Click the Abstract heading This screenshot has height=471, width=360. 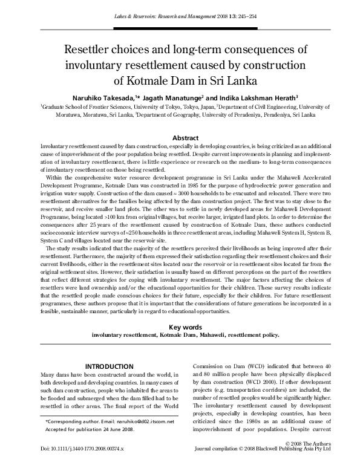click(180, 138)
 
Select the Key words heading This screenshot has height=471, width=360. click(180, 326)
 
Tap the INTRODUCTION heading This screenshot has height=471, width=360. click(109, 366)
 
